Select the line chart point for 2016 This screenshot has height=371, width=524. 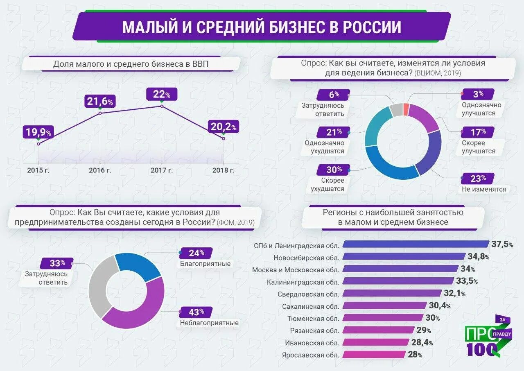click(100, 113)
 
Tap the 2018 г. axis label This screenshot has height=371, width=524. click(223, 170)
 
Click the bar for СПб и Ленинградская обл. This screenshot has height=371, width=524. click(416, 244)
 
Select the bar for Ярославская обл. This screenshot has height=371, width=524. click(374, 355)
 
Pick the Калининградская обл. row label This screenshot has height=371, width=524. click(303, 282)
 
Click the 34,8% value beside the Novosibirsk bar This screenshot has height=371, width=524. click(478, 257)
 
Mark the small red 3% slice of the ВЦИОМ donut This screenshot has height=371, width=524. click(406, 110)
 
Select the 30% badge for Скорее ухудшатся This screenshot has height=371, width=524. click(334, 170)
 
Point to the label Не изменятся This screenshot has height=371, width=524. click(484, 189)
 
